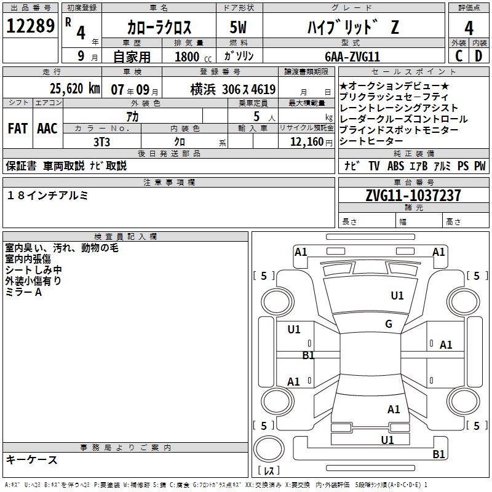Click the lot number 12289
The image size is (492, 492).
30,26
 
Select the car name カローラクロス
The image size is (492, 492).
160,28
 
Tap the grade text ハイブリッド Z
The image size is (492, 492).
352,28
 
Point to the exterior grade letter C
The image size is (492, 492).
458,56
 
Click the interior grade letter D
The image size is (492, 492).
478,56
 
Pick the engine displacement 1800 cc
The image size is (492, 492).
188,57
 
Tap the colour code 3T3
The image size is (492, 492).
101,141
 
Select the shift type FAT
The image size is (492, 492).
17,129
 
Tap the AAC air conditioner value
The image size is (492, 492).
47,129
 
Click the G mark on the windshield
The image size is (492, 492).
388,324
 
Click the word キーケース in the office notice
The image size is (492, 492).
31,459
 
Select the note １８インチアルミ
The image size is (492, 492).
48,195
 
